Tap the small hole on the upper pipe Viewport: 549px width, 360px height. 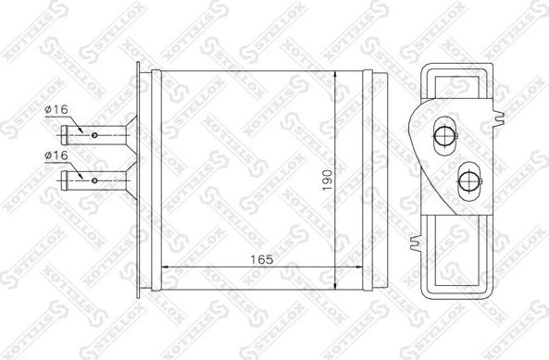pyautogui.click(x=96, y=135)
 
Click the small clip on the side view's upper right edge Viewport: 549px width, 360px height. pyautogui.click(x=501, y=118)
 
